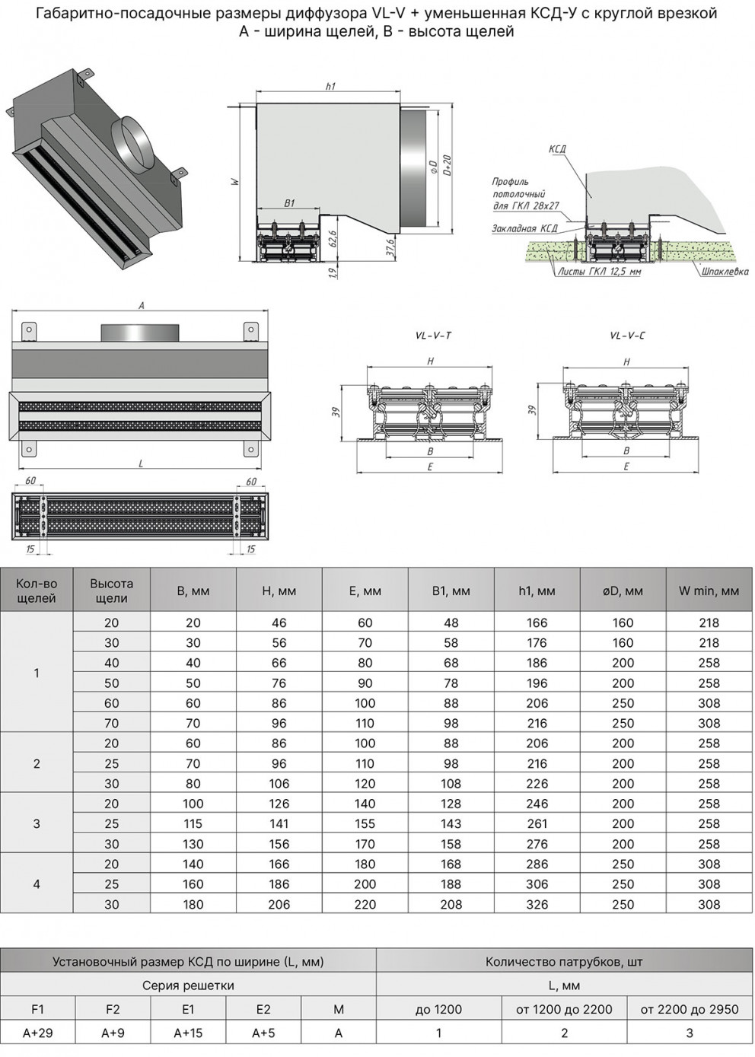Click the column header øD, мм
point(623,591)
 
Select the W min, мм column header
point(709,591)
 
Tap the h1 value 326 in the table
point(537,904)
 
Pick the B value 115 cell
point(193,823)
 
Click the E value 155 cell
point(365,823)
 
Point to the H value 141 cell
point(279,823)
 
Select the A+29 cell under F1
point(37,1033)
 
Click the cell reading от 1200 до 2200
point(564,1009)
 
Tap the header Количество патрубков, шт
point(564,961)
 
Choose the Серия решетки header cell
point(188,985)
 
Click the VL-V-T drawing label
point(433,336)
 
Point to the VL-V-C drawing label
point(627,336)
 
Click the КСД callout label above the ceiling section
point(557,149)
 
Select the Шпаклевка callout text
point(725,272)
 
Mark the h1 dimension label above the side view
point(330,87)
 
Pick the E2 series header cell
point(263,1009)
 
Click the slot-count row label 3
point(37,823)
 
